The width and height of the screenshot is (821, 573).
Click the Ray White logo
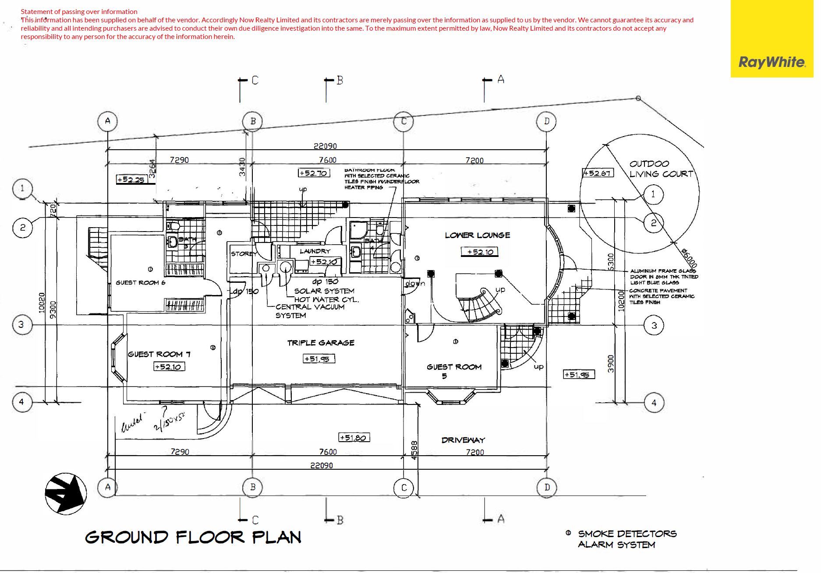(772, 62)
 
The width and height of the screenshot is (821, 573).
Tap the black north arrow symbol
(66, 493)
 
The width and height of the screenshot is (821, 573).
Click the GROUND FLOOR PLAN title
(193, 537)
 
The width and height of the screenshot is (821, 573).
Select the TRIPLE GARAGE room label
(321, 343)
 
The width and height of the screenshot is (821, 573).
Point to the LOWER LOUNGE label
(477, 235)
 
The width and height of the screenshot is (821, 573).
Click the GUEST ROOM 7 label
(159, 354)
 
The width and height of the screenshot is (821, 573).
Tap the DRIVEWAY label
(463, 440)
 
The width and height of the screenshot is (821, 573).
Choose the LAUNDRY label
(315, 251)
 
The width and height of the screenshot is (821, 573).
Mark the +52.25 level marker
(131, 179)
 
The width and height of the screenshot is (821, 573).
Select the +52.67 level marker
(598, 173)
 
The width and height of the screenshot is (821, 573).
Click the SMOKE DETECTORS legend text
(627, 534)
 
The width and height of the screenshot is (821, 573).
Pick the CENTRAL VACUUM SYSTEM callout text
(310, 311)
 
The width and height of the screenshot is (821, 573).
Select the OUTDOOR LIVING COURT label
(661, 169)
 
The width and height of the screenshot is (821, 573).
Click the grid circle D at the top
(546, 121)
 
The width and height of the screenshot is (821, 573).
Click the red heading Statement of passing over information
(79, 11)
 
